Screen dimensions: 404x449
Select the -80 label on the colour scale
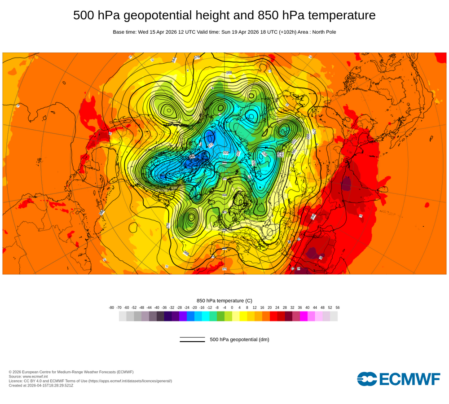tap(111, 307)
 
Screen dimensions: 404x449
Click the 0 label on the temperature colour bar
tap(232, 307)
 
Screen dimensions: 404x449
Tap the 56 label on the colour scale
tap(337, 307)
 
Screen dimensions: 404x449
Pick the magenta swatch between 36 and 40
tap(304, 316)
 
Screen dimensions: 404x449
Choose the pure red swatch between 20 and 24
tap(273, 316)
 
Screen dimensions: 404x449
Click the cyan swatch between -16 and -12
tap(206, 316)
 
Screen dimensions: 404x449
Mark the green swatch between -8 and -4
tap(220, 316)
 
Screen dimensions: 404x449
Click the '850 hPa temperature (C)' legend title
tap(224, 300)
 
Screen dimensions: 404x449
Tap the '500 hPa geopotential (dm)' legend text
tap(239, 339)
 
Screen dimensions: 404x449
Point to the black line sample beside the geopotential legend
tap(192, 339)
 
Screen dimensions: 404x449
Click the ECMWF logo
tap(398, 379)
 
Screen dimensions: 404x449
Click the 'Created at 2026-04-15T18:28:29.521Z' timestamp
tap(41, 385)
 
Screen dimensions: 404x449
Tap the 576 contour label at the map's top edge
tap(197, 57)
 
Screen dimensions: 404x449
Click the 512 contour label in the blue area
tap(211, 145)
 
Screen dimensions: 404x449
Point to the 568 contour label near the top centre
tap(229, 72)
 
